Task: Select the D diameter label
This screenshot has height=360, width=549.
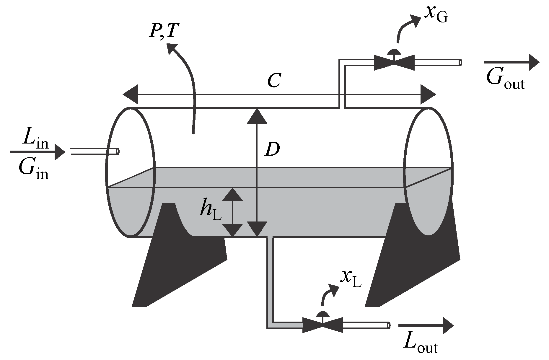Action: point(272,150)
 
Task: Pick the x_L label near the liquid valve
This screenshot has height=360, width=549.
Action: point(351,279)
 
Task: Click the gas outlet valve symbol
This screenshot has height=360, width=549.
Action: point(394,62)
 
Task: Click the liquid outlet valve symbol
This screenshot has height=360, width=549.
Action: point(322,325)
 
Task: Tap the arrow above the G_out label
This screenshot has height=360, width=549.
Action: point(511,62)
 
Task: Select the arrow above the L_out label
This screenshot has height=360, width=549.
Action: point(426,325)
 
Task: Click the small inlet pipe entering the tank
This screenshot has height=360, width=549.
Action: point(95,152)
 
